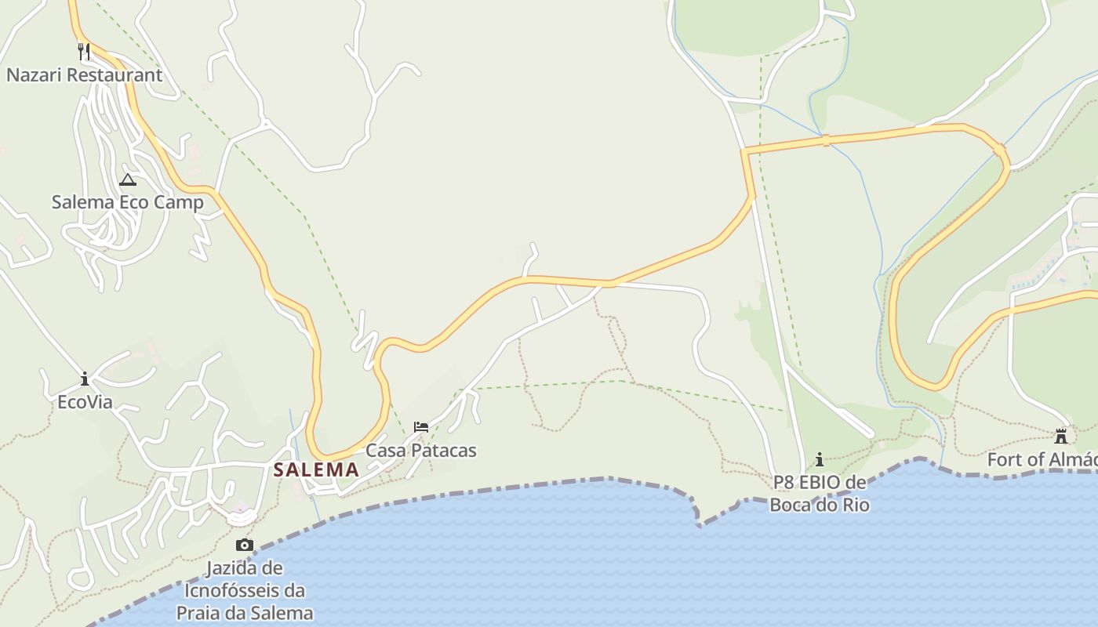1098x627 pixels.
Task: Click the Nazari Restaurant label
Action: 84,75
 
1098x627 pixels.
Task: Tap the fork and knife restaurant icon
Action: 84,52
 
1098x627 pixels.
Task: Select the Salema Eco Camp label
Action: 127,202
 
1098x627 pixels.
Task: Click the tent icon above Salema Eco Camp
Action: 128,179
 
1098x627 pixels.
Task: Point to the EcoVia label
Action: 85,402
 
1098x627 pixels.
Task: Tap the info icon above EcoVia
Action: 85,379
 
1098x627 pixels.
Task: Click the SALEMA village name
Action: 316,470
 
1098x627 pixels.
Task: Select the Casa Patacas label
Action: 421,451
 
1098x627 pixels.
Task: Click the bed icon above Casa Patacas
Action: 421,427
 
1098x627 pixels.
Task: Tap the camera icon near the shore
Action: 245,545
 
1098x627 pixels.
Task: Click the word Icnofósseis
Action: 244,590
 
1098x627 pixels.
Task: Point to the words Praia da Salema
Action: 245,613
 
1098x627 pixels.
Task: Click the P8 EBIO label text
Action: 820,481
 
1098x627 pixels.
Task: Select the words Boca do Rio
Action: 820,504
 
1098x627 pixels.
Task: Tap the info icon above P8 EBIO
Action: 820,459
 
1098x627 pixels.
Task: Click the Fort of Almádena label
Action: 1042,459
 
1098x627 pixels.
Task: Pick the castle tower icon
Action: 1061,436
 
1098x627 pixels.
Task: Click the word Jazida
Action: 235,567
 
